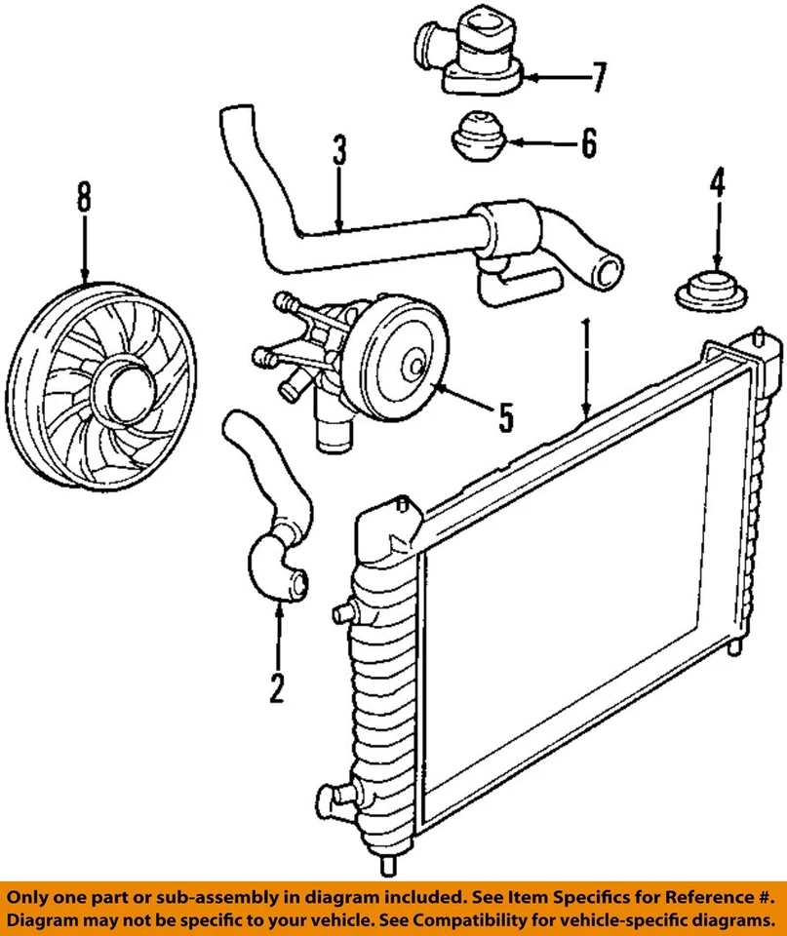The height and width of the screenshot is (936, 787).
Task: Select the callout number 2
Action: [277, 688]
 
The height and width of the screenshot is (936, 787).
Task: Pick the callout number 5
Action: [505, 417]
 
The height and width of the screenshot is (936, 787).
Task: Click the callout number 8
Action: [84, 199]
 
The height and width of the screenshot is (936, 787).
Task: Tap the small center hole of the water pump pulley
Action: [417, 368]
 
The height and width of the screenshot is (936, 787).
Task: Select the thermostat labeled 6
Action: [478, 137]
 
